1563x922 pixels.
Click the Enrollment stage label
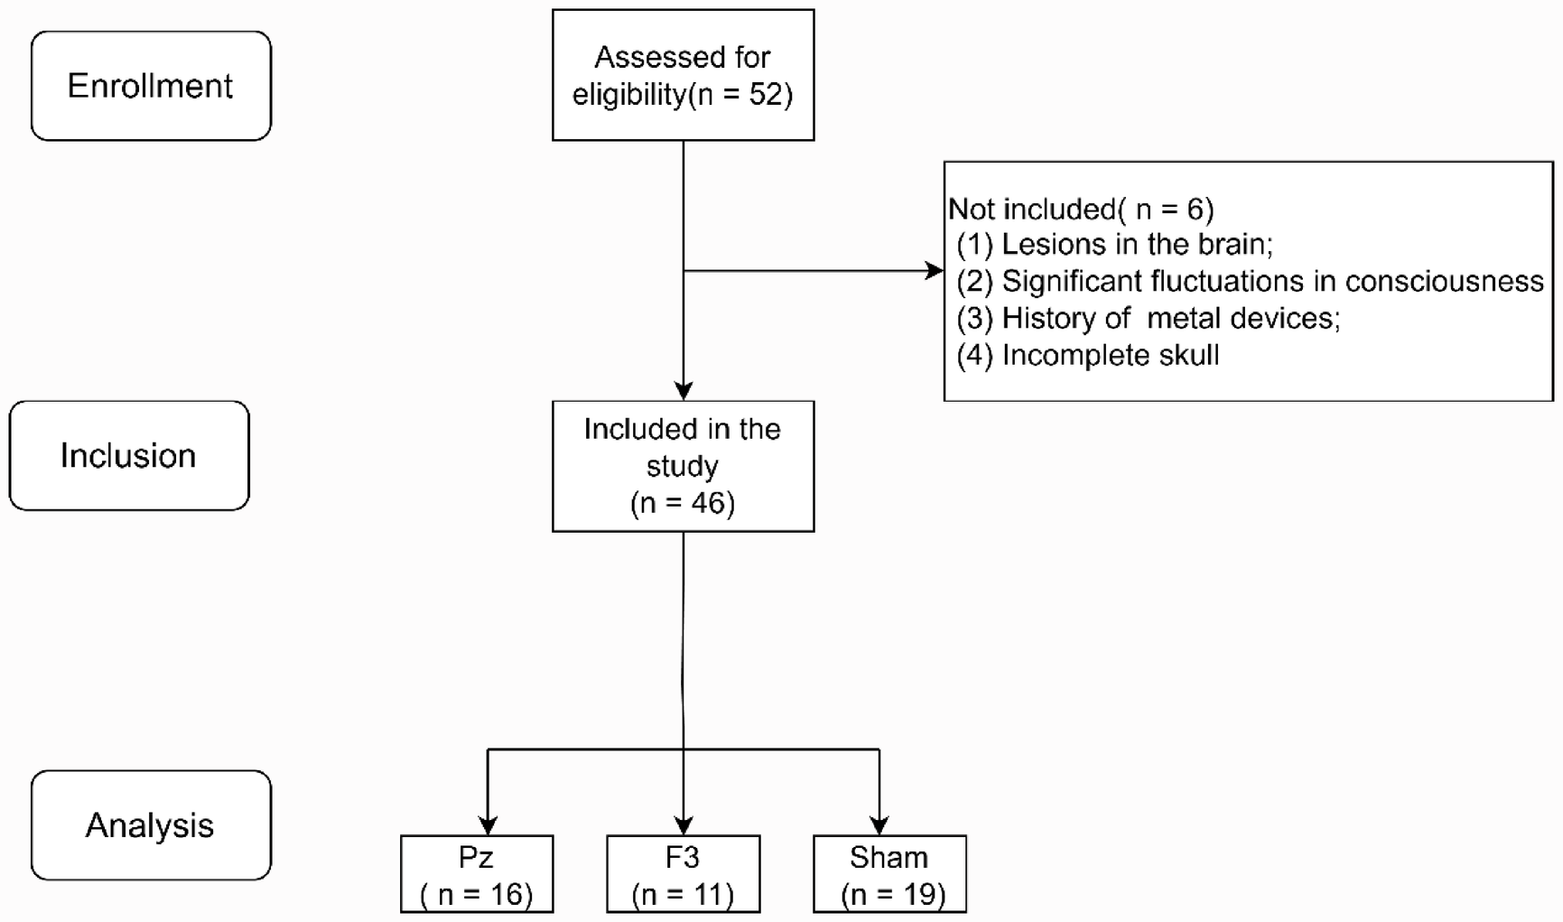151,86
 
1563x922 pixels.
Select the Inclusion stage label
128,456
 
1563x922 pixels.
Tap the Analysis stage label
151,825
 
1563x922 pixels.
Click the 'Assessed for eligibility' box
683,75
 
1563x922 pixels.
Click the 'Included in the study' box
683,466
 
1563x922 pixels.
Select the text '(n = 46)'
683,503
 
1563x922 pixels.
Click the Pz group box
477,874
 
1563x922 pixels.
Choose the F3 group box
683,874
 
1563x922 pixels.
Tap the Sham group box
889,874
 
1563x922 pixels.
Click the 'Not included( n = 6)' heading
1081,210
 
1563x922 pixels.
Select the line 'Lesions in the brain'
1115,245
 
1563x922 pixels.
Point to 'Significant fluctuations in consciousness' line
1250,282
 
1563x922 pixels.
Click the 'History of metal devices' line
1149,319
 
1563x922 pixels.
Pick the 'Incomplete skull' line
1088,356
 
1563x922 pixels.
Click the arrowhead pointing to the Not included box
935,271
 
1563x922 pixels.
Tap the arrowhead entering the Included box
684,391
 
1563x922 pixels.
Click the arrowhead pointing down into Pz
488,825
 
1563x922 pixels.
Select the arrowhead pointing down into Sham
879,825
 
